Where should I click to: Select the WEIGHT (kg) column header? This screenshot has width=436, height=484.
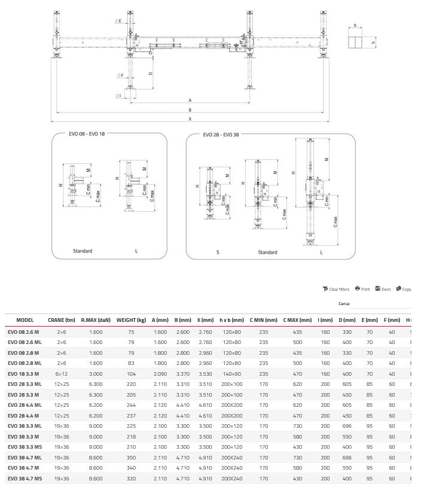[x=131, y=320]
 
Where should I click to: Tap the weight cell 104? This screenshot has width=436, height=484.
[x=131, y=373]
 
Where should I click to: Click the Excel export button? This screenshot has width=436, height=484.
[x=382, y=289]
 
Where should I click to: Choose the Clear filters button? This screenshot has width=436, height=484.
[x=336, y=289]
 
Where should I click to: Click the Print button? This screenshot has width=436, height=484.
[x=362, y=289]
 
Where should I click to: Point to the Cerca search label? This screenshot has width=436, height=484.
[x=344, y=304]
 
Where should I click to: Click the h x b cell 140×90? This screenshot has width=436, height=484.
[x=231, y=373]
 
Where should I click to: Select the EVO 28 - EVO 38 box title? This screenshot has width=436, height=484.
[x=221, y=135]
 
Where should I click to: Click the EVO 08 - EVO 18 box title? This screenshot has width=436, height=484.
[x=87, y=134]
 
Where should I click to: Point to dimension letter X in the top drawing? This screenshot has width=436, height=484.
[x=190, y=119]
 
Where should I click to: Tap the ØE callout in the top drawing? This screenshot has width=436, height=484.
[x=118, y=22]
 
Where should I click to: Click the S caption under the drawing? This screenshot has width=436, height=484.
[x=218, y=252]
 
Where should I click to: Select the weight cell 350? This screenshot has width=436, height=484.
[x=131, y=457]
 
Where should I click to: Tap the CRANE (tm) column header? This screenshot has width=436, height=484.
[x=62, y=320]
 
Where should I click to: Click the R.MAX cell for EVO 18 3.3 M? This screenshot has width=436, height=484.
[x=96, y=373]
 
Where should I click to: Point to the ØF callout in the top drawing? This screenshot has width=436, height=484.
[x=120, y=75]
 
